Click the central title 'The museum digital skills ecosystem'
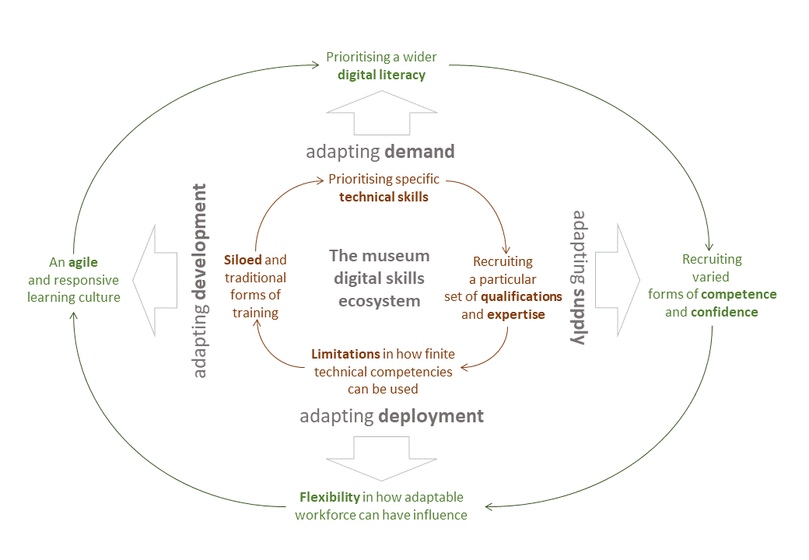coord(379,278)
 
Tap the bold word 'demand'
coord(418,151)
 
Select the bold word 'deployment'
coord(431,416)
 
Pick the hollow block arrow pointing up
coord(380,114)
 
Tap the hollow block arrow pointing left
coord(156,280)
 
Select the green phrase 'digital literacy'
coord(381,75)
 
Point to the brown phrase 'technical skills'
coord(383,197)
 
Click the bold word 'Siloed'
coord(243,260)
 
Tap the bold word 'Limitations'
coord(346,354)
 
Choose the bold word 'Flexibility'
coord(330,497)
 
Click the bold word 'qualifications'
coord(521,296)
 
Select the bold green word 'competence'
coord(738,294)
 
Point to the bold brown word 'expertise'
coord(515,314)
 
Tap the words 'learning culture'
coord(74,297)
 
